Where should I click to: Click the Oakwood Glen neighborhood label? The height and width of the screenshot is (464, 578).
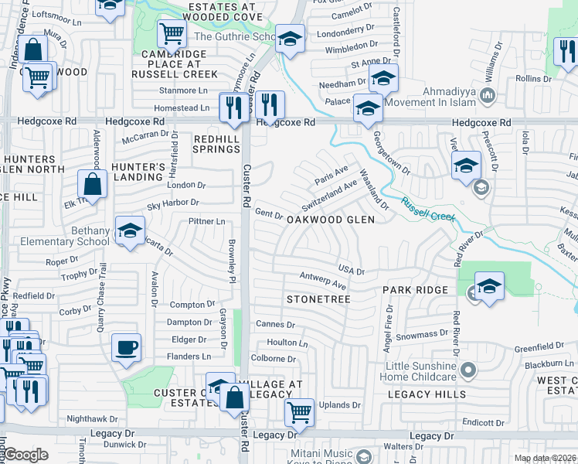point(331,220)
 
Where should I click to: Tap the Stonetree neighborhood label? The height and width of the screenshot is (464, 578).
point(318,299)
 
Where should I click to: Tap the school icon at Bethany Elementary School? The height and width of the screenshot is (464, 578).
point(130,230)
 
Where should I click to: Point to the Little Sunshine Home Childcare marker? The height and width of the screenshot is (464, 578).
point(467,371)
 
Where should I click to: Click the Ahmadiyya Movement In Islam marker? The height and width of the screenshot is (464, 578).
point(487,96)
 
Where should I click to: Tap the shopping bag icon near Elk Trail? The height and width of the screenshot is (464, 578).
point(92,185)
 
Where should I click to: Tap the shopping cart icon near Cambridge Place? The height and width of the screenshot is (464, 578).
point(172,33)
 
